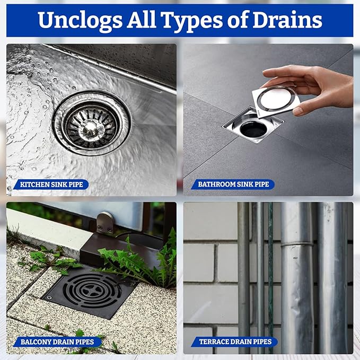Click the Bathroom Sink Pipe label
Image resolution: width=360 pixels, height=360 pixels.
pyautogui.click(x=233, y=185)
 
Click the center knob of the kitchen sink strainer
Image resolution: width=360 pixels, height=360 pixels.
pyautogui.click(x=91, y=127)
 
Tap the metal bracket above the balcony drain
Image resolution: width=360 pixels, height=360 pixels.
pyautogui.click(x=106, y=222)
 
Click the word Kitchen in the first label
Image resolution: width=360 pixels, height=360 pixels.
pyautogui.click(x=33, y=185)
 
